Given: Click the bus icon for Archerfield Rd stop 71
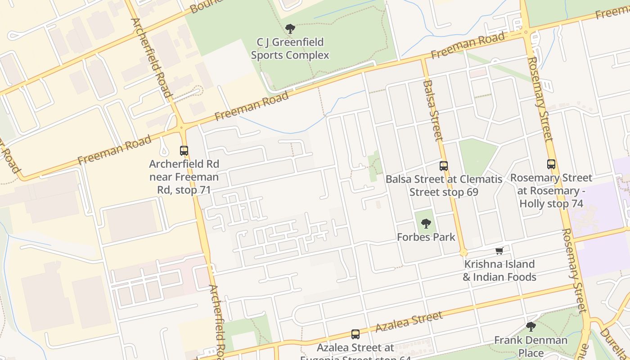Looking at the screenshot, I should (184, 151).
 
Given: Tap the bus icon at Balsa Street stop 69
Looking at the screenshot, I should (444, 166).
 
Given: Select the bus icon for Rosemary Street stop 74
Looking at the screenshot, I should (551, 164).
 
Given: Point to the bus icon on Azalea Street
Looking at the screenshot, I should (355, 334).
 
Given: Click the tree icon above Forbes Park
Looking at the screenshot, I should (426, 223).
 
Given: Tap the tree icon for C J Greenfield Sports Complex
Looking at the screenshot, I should (290, 29).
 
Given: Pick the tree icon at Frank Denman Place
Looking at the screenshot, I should (531, 326).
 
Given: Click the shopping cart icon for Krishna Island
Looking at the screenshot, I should (499, 251).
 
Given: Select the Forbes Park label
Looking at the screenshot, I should (426, 237).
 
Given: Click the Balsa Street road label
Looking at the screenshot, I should (433, 110).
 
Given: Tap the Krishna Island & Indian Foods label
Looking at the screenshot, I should (499, 270).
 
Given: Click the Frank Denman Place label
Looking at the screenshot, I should (531, 346).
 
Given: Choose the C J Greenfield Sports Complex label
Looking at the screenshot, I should (290, 49).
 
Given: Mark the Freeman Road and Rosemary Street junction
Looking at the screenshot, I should (525, 32).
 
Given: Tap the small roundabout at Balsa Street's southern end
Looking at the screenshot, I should (464, 252).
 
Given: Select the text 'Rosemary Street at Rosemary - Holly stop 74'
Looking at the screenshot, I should (551, 190).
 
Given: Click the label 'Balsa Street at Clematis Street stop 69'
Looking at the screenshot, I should (444, 185).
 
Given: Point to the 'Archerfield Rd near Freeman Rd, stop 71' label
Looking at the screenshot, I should (184, 177).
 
